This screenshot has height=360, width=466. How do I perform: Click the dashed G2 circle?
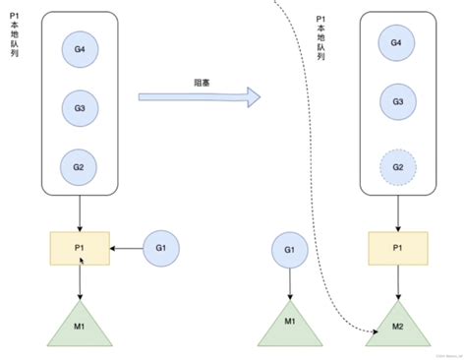[397, 167]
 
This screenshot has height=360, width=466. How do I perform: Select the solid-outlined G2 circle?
[79, 167]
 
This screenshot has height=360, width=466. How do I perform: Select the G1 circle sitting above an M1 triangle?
[290, 250]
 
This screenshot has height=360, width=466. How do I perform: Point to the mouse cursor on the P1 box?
[83, 261]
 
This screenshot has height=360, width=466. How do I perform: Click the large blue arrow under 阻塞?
[198, 96]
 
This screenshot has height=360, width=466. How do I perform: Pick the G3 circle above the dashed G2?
[397, 102]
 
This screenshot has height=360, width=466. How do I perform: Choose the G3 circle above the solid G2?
[79, 104]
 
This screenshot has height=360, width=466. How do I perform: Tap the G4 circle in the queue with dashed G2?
[397, 43]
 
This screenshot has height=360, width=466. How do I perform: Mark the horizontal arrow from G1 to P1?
[127, 250]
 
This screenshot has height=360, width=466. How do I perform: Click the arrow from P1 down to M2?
[397, 284]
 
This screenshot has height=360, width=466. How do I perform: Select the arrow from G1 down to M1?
[290, 286]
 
